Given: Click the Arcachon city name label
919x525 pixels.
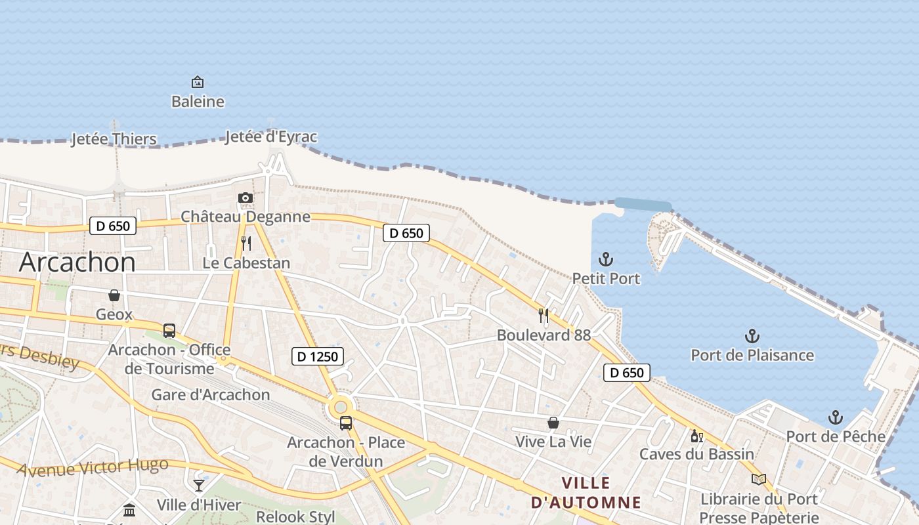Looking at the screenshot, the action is tap(77, 262).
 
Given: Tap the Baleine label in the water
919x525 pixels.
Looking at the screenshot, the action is tap(198, 102).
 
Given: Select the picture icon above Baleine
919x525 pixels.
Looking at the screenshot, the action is tap(198, 82).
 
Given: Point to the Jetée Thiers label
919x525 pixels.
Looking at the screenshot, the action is tap(114, 139).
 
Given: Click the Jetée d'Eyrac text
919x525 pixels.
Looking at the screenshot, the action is tap(271, 136).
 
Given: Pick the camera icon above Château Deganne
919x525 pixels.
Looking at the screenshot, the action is tap(246, 198).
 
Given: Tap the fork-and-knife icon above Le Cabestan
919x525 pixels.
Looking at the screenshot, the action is tap(246, 243).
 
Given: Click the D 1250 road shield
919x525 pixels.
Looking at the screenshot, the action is tap(318, 356).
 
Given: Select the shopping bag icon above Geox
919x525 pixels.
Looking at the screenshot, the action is tap(114, 295).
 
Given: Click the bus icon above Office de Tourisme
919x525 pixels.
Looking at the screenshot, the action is tap(169, 330).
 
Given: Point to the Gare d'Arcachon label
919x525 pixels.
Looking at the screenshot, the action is tap(211, 394).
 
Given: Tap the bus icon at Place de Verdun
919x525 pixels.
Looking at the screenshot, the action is tap(346, 423).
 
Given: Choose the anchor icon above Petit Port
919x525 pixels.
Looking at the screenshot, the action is tap(606, 259).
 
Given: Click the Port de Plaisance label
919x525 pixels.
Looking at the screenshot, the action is tap(752, 355).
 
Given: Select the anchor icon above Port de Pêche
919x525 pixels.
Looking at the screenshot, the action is tap(835, 417).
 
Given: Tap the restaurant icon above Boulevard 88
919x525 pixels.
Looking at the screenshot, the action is tap(544, 316).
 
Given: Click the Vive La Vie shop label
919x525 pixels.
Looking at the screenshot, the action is tap(553, 442).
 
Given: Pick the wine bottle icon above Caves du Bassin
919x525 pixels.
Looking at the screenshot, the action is tap(696, 436).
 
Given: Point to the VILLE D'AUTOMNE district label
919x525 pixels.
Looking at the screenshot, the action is tap(586, 493).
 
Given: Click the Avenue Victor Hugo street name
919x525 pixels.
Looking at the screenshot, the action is tap(93, 468).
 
